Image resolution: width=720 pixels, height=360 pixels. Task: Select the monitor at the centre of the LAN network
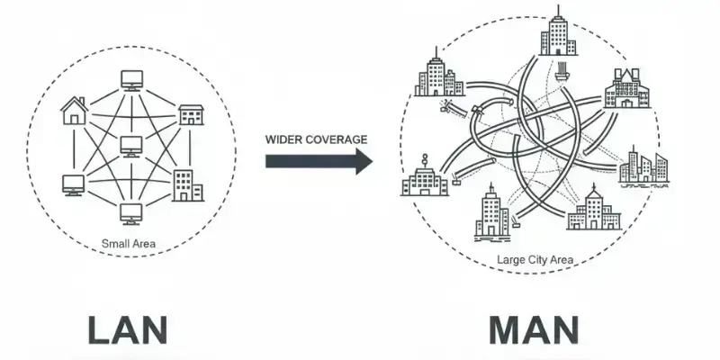pos(131,145)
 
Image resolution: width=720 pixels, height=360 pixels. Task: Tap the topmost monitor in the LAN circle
pos(131,80)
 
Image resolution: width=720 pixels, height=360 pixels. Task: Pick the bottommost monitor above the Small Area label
pos(131,213)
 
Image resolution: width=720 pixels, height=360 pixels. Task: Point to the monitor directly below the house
pos(73,184)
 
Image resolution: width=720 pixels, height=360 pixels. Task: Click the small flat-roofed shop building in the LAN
pos(191,114)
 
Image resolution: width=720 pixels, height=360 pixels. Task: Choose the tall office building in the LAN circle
pos(186,184)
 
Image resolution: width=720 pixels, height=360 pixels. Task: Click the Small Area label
pos(131,243)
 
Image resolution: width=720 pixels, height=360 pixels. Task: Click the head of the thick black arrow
pos(363,162)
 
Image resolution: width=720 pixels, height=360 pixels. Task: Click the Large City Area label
pos(535,261)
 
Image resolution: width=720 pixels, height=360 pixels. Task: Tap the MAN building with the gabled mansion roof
pos(626,88)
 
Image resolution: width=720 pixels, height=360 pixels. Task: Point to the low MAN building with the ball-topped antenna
pos(424,178)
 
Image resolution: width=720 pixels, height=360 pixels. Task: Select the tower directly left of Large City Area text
pos(491,212)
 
